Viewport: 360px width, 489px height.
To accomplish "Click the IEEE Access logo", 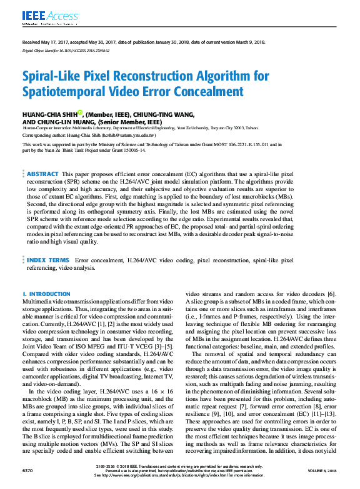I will click(x=42, y=15).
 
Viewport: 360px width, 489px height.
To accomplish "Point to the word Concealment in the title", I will click(x=204, y=92).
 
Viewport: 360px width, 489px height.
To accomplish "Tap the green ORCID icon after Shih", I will click(x=80, y=113).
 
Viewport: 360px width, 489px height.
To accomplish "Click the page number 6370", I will click(x=27, y=469).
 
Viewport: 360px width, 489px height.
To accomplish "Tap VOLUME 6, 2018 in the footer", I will click(x=326, y=469).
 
